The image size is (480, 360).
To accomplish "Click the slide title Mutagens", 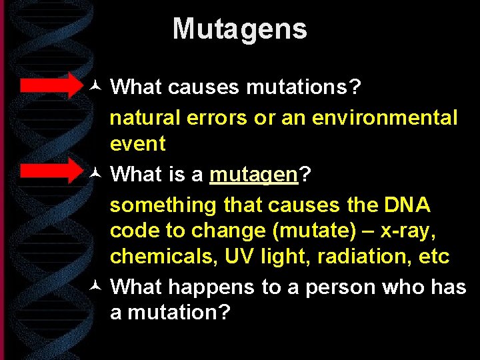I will tap(239, 29).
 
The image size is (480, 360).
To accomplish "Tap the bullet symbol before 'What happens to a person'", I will tap(95, 287).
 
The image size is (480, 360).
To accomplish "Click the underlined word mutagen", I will tap(253, 174).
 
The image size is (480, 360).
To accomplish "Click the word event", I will tap(137, 143).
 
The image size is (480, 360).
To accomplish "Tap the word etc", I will tap(433, 256).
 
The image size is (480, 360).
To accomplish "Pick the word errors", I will tap(217, 118).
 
